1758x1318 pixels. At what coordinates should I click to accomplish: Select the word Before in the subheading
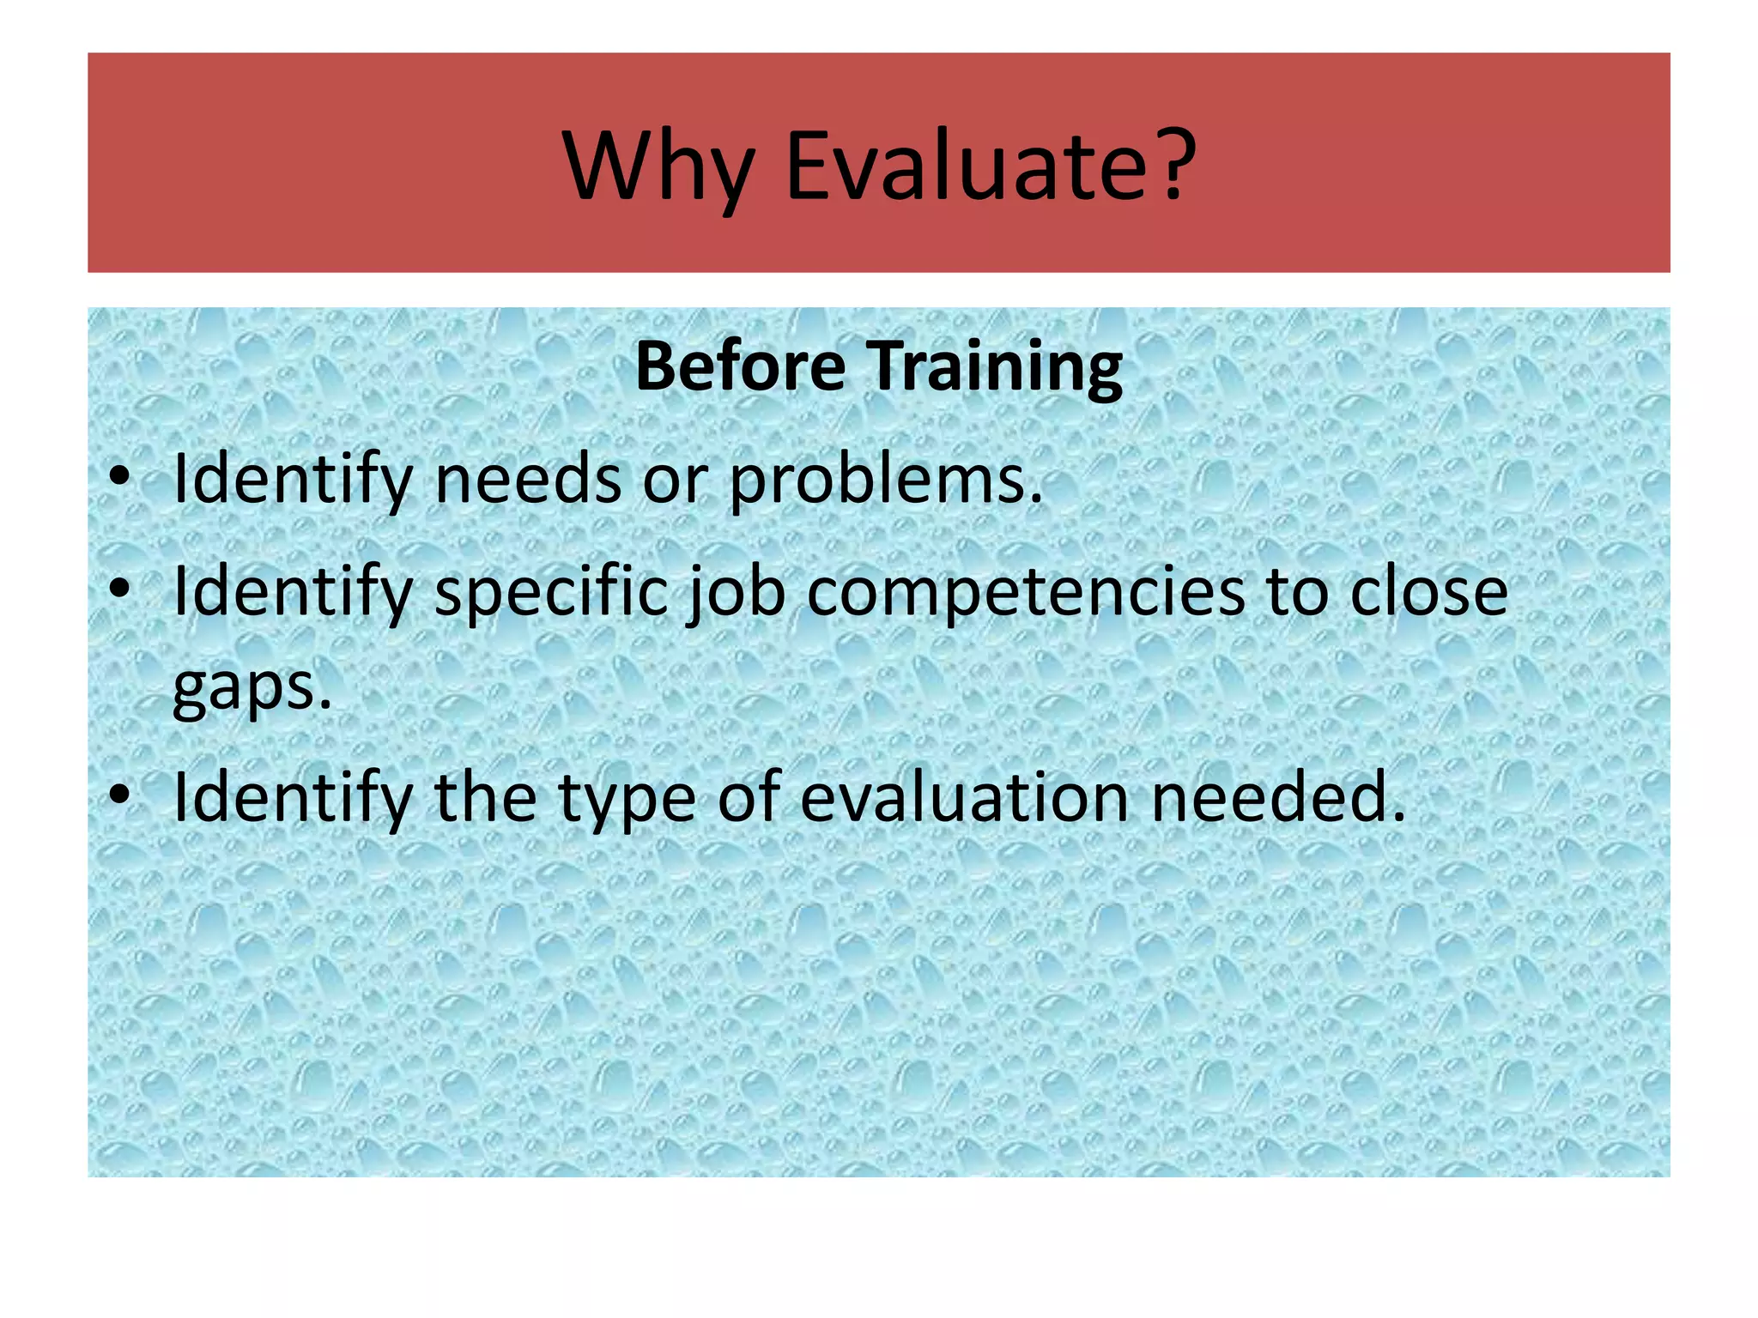tap(740, 366)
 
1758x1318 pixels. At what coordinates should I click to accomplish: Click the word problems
tap(885, 481)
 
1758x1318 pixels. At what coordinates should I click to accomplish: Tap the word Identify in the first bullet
tap(293, 481)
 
